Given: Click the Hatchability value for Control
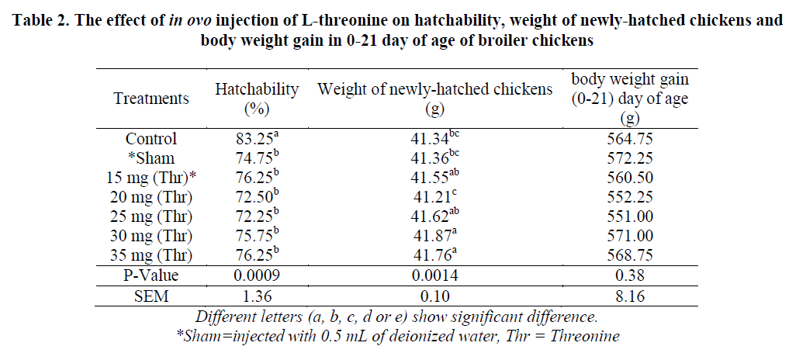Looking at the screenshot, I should pyautogui.click(x=254, y=139).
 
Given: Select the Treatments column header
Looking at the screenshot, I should pyautogui.click(x=151, y=99).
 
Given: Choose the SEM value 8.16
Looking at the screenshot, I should pyautogui.click(x=629, y=296).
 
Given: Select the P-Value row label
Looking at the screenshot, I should pyautogui.click(x=151, y=275).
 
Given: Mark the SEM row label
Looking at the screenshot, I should pyautogui.click(x=151, y=296).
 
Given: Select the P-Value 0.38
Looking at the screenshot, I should pyautogui.click(x=629, y=275).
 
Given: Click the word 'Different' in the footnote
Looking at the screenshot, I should pyautogui.click(x=227, y=317).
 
